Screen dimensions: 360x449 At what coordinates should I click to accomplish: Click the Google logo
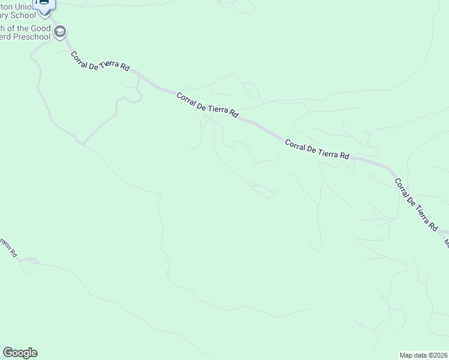(x=20, y=353)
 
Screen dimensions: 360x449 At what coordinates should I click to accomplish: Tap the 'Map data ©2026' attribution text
(x=424, y=355)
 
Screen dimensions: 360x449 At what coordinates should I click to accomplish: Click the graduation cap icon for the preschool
(x=59, y=32)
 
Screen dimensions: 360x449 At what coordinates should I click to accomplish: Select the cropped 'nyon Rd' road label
(x=9, y=247)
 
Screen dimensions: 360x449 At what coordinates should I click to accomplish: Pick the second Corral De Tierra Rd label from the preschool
(x=208, y=105)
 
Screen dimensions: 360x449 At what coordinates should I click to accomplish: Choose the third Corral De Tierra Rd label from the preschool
(x=316, y=149)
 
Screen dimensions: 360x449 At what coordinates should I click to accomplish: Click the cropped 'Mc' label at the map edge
(x=446, y=242)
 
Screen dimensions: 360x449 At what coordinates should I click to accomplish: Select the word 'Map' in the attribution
(x=407, y=355)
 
